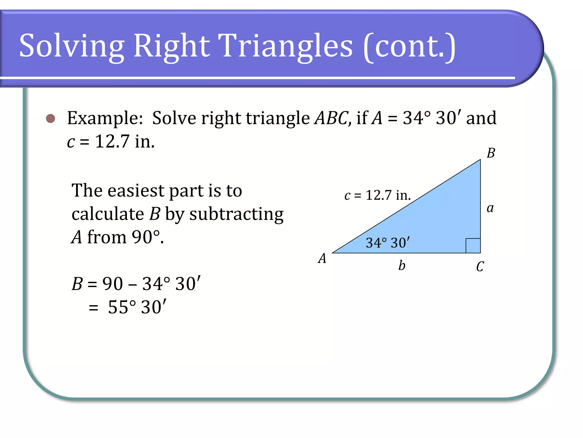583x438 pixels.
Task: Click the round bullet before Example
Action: click(x=50, y=118)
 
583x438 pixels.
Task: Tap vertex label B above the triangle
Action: click(x=491, y=153)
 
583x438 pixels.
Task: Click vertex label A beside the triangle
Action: click(x=322, y=259)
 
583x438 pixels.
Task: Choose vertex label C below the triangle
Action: click(x=480, y=267)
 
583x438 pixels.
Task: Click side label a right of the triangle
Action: click(x=490, y=208)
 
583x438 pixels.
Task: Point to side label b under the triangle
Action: click(x=402, y=265)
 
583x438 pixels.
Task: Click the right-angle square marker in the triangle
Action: click(x=473, y=246)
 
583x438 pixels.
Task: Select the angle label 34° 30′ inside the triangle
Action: click(x=388, y=243)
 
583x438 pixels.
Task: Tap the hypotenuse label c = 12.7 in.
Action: click(x=377, y=196)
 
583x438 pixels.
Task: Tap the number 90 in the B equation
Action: click(x=112, y=284)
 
